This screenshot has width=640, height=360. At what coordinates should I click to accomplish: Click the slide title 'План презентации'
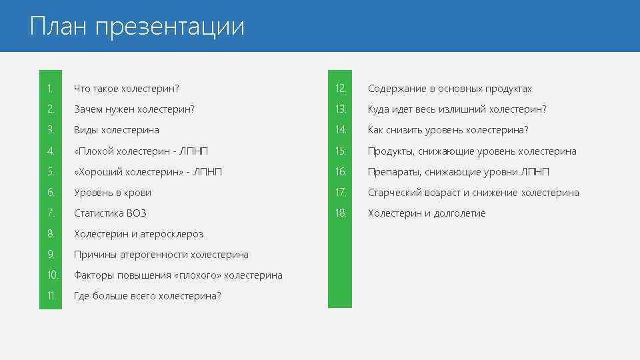[x=137, y=27]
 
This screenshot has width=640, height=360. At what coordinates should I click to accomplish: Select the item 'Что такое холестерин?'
[x=127, y=89]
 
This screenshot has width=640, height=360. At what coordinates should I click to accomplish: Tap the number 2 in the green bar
[x=50, y=109]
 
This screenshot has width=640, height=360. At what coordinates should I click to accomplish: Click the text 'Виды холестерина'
[x=116, y=130]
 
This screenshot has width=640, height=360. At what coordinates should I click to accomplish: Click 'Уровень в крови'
[x=112, y=193]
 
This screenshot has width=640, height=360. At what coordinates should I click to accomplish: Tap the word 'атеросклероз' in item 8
[x=171, y=234]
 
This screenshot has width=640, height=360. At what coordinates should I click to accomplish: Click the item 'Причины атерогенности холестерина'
[x=161, y=255]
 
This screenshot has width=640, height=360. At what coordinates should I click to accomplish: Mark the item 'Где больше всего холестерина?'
[x=147, y=296]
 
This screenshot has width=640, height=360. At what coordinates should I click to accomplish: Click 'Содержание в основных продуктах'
[x=449, y=89]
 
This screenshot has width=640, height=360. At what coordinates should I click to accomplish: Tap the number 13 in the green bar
[x=341, y=109]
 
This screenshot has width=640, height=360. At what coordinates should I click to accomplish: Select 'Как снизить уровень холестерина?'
[x=447, y=130]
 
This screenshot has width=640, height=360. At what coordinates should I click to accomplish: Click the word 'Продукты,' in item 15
[x=391, y=151]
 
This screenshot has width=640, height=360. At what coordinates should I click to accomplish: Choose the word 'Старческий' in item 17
[x=393, y=193]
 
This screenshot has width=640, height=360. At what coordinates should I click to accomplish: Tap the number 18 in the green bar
[x=341, y=213]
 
